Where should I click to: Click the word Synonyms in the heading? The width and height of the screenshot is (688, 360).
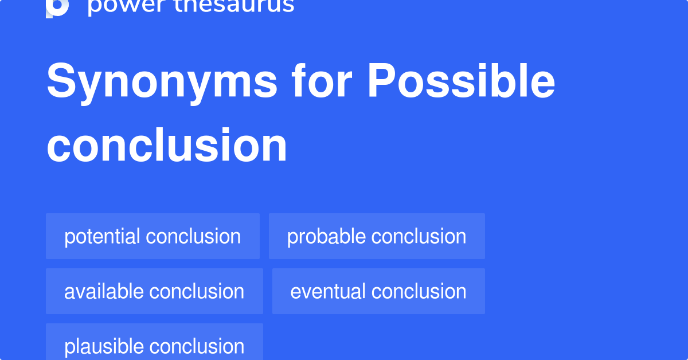pos(162,82)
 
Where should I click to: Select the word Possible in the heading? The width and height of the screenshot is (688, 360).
pos(461,82)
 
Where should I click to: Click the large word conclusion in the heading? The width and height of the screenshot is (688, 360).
pos(167,146)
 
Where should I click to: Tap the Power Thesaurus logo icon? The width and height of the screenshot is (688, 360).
pos(57,7)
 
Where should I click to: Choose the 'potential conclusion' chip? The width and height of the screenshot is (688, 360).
pos(153,236)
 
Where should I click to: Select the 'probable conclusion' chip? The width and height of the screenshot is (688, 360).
pos(377,236)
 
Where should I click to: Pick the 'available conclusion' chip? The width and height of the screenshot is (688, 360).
pos(154,291)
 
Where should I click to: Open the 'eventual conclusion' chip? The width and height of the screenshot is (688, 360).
pos(378,291)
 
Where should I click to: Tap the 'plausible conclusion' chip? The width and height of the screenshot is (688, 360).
pos(154,346)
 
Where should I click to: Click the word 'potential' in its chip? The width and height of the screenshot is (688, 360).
pos(102,236)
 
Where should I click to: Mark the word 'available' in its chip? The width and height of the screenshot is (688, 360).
pos(104,291)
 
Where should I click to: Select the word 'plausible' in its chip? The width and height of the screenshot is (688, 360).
pos(104,346)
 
